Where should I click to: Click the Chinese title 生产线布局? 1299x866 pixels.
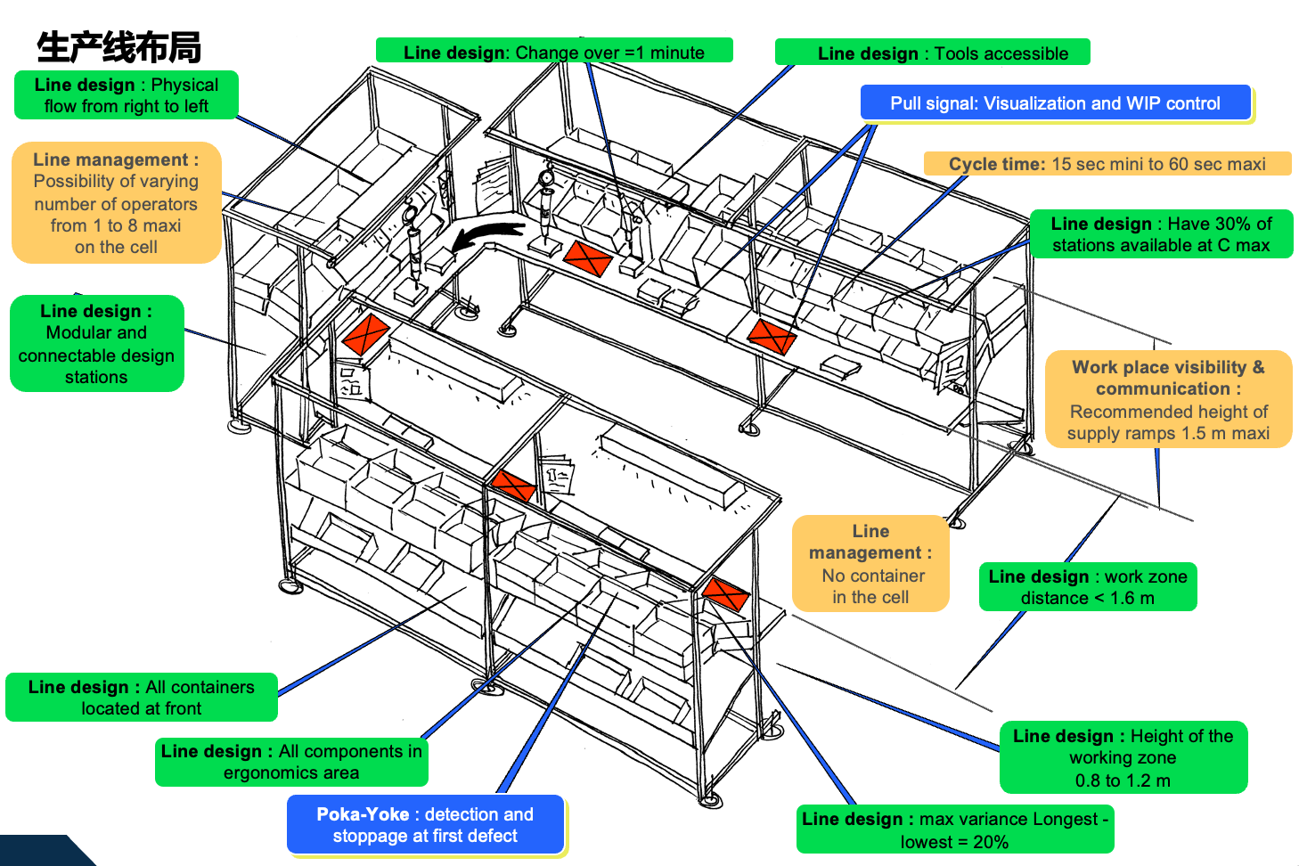pyautogui.click(x=118, y=47)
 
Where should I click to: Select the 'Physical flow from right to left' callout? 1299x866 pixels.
pyautogui.click(x=126, y=95)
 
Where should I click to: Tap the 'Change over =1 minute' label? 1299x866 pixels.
pyautogui.click(x=553, y=52)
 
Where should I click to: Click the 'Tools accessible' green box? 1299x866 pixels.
pyautogui.click(x=932, y=53)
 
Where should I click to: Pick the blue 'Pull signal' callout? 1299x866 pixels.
pyautogui.click(x=1055, y=103)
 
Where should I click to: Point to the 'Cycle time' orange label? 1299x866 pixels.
pyautogui.click(x=1107, y=164)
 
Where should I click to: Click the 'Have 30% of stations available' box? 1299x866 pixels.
pyautogui.click(x=1160, y=234)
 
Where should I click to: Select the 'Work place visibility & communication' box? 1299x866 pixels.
pyautogui.click(x=1167, y=399)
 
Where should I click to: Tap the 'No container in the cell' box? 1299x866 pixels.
pyautogui.click(x=870, y=564)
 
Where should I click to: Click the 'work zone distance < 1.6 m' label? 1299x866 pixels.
pyautogui.click(x=1087, y=587)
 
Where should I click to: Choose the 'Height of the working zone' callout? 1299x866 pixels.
pyautogui.click(x=1123, y=757)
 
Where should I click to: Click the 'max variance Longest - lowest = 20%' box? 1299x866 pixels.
pyautogui.click(x=954, y=830)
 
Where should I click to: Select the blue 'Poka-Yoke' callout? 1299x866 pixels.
pyautogui.click(x=425, y=825)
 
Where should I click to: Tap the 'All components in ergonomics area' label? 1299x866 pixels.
pyautogui.click(x=291, y=762)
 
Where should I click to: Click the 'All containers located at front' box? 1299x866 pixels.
pyautogui.click(x=141, y=698)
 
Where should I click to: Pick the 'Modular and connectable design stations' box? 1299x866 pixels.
pyautogui.click(x=96, y=344)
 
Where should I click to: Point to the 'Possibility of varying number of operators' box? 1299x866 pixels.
pyautogui.click(x=116, y=203)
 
